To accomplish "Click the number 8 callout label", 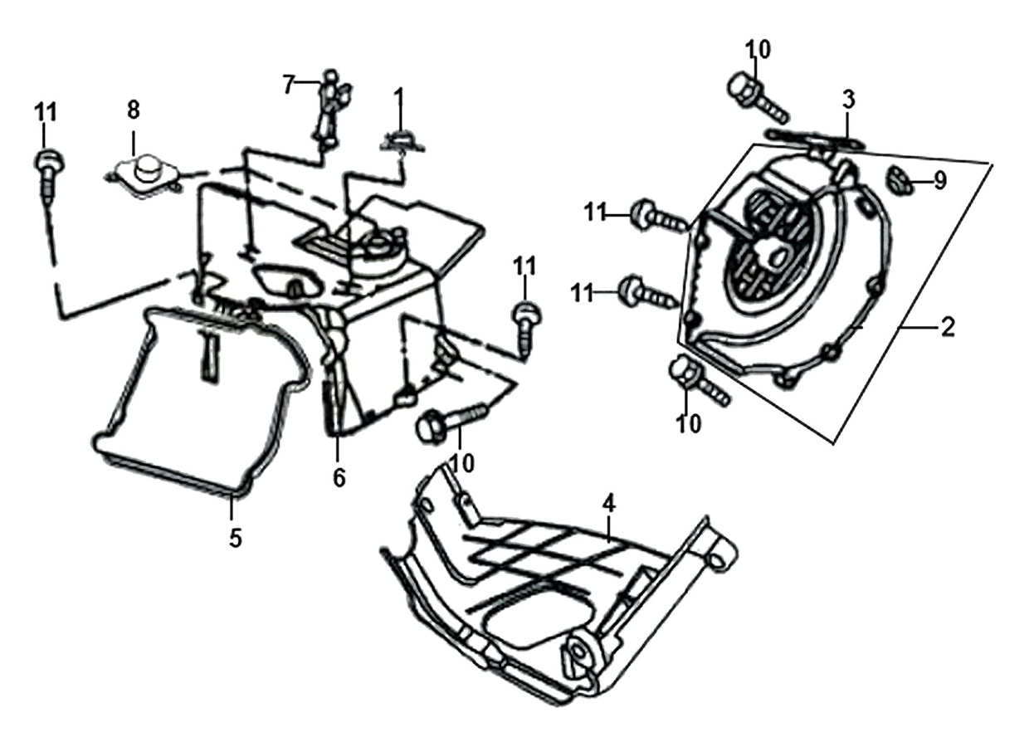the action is point(133,110).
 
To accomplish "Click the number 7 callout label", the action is point(289,85).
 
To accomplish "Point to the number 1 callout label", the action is point(399,98).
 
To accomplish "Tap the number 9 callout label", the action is point(939,180).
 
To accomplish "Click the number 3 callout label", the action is point(848,100).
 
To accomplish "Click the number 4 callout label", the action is point(609,503).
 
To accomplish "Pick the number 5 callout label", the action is point(236,538).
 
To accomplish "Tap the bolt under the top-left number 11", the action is point(48,178).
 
